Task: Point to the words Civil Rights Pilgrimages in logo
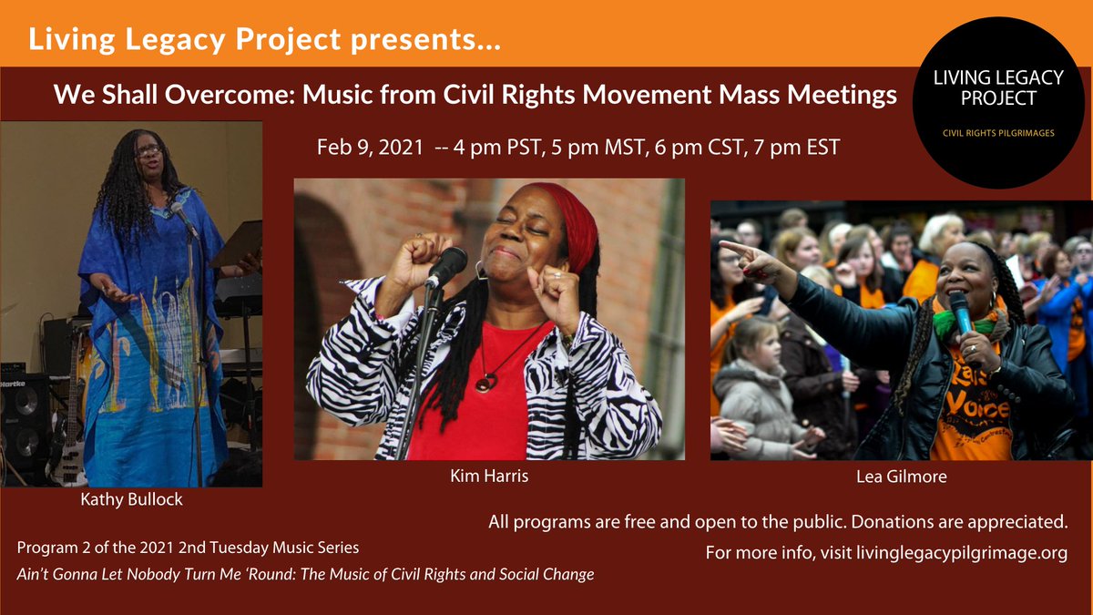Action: [997, 134]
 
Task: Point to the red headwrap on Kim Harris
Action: [570, 224]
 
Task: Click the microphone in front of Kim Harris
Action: [446, 267]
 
